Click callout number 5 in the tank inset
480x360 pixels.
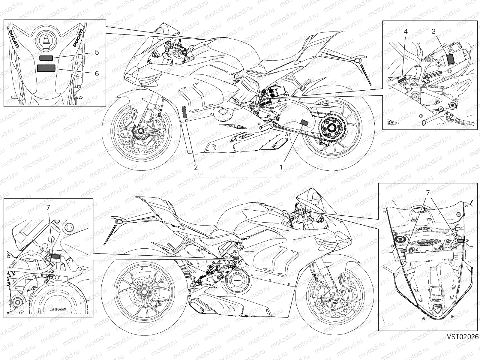click(x=97, y=52)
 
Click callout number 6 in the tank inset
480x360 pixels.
click(x=97, y=73)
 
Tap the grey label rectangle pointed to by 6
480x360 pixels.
click(x=46, y=68)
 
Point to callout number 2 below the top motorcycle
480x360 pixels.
click(x=196, y=167)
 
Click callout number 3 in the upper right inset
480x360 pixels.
click(x=433, y=31)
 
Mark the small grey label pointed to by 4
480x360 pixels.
click(x=402, y=80)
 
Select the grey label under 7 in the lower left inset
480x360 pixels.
click(x=55, y=256)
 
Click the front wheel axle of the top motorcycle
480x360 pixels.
click(x=140, y=131)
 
